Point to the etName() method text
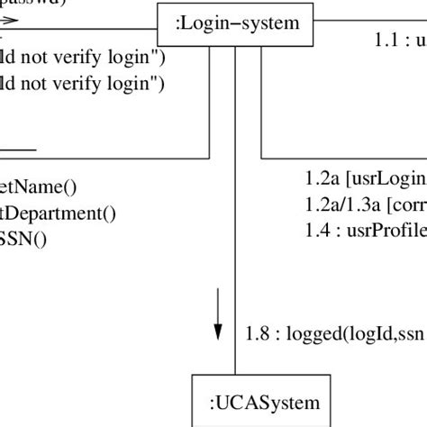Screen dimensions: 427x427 click(39, 187)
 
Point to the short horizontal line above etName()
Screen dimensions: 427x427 click(18, 150)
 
